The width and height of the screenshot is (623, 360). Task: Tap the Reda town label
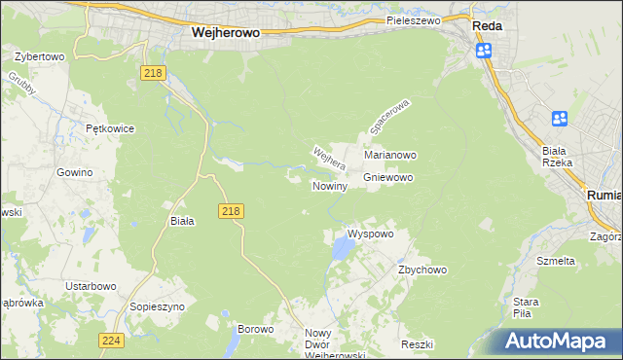[x=487, y=26]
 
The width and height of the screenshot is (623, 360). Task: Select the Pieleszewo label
[x=413, y=19]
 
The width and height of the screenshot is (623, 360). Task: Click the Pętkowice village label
[x=109, y=128]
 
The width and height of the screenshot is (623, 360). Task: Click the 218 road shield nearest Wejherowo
[x=153, y=73]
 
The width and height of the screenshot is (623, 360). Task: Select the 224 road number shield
[x=110, y=341]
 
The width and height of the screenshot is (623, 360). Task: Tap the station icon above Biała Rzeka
[x=560, y=119]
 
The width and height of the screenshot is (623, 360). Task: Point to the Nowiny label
[x=329, y=186]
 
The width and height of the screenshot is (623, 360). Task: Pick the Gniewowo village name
[x=388, y=178]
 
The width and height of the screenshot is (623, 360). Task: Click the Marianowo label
[x=390, y=155]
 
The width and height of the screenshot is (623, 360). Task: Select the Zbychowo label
[x=421, y=270]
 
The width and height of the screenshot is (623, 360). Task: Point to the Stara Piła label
[x=526, y=307]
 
